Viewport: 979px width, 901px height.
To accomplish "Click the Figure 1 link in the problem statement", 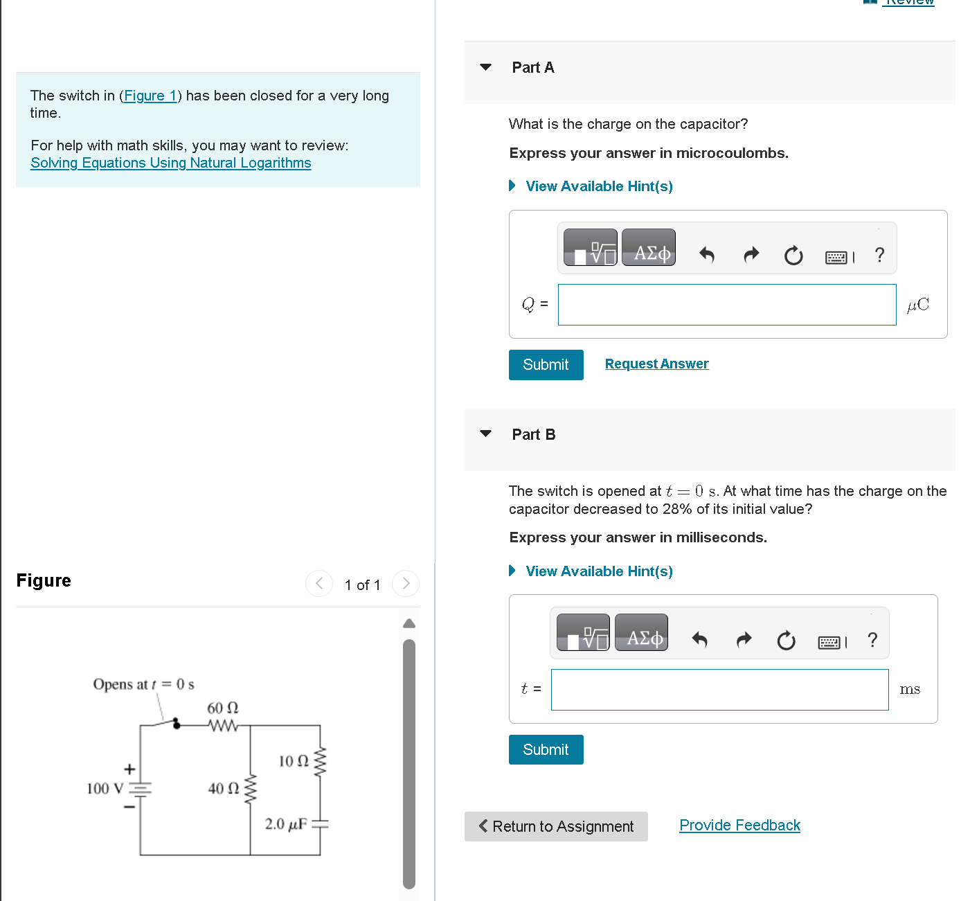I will point(150,96).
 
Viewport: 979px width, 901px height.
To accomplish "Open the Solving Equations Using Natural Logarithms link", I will point(170,163).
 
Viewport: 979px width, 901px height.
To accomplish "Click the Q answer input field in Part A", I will point(726,305).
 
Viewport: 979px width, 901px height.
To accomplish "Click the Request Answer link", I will point(656,364).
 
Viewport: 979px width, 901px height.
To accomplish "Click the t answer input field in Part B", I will point(719,690).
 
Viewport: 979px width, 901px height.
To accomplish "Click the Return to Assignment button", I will point(556,826).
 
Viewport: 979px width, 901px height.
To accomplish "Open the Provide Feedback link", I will point(739,825).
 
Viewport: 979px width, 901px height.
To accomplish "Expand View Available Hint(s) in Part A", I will point(598,186).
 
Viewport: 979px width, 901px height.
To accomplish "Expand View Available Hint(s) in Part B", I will point(598,571).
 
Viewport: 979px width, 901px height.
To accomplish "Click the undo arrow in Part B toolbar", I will point(699,639).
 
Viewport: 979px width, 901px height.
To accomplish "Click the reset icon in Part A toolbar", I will point(793,256).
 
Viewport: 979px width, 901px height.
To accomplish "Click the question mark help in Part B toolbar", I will point(872,639).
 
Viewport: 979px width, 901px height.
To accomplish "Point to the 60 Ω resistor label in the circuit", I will point(222,708).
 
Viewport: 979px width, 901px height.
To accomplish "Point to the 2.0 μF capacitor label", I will point(286,824).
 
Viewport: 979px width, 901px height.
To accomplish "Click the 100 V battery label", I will point(105,788).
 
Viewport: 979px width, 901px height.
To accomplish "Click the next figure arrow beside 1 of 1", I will point(406,584).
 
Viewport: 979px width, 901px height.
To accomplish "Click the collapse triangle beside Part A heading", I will point(485,67).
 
